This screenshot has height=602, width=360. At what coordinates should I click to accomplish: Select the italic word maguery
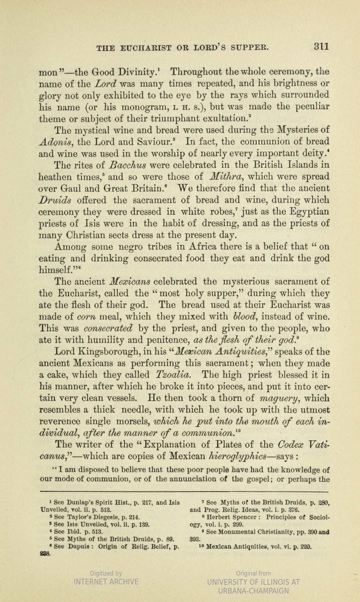pos(278,398)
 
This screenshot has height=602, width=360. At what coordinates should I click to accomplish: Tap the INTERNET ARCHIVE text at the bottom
pos(106,582)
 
